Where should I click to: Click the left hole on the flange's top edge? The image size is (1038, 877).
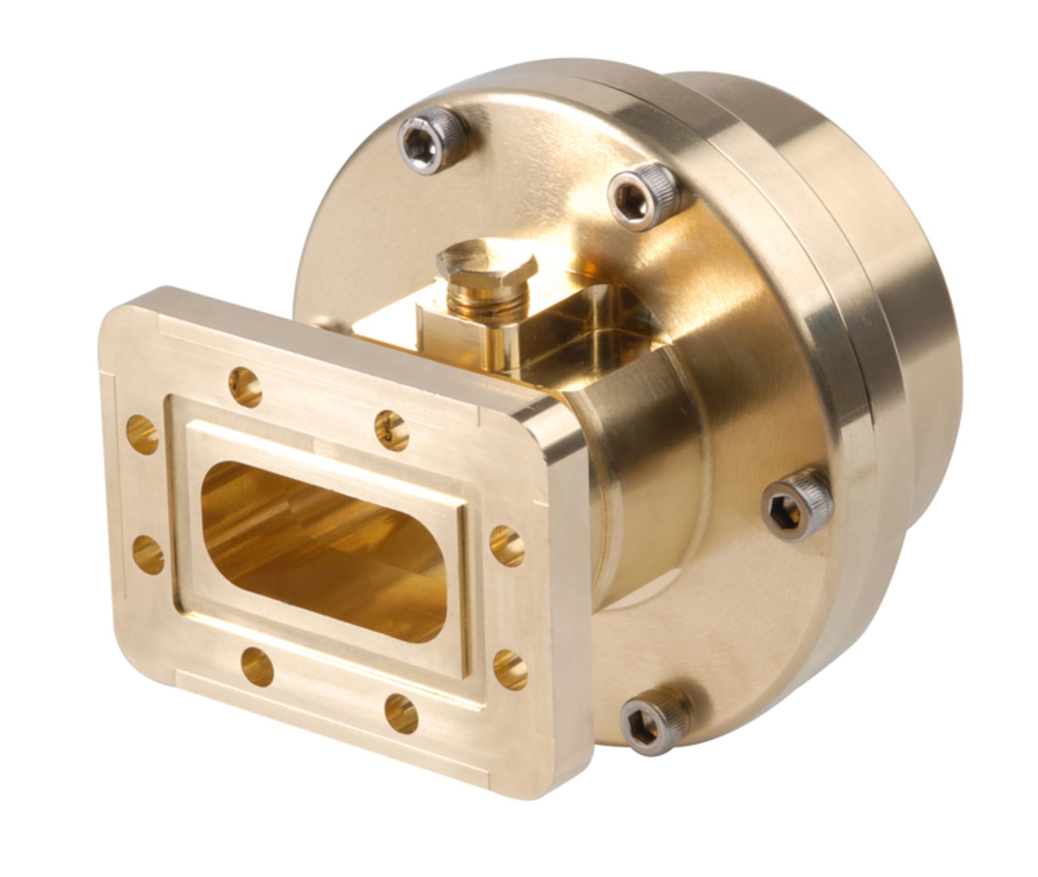coord(245,383)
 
